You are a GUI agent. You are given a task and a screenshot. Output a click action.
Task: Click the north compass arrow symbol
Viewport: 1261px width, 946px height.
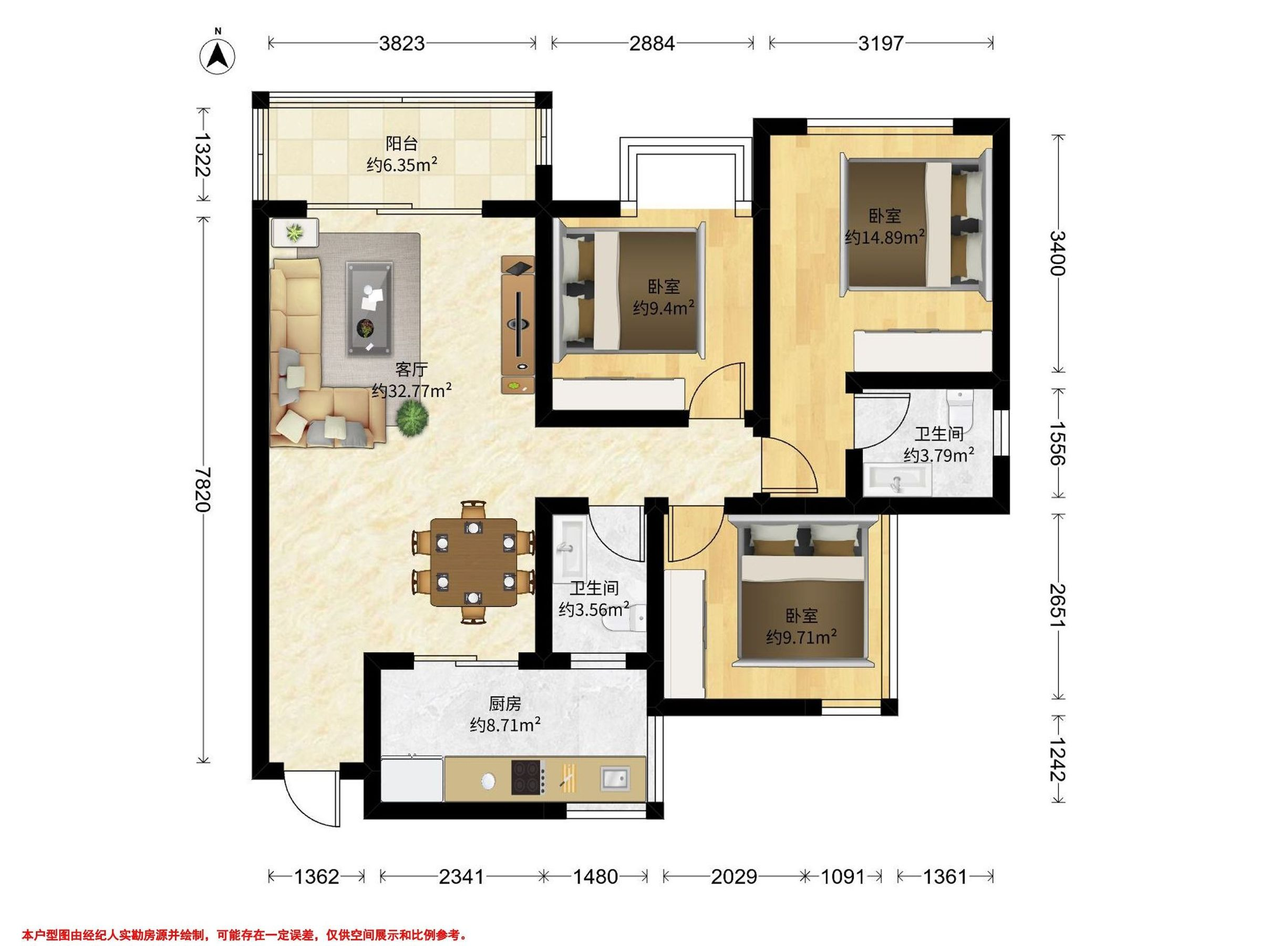coord(217,55)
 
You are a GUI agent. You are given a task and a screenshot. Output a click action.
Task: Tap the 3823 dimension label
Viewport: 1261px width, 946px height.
coord(402,43)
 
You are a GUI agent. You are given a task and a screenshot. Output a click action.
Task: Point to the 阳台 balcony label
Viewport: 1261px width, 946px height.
coord(402,143)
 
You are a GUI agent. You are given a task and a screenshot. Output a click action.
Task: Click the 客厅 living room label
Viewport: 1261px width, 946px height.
coord(411,369)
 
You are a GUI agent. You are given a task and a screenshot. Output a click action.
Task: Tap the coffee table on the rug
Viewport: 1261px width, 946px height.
coord(369,309)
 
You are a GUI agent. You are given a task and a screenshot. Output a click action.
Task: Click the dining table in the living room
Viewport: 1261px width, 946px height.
coord(474,562)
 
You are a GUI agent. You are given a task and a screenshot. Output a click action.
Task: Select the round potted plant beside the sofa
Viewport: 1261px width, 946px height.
coord(412,418)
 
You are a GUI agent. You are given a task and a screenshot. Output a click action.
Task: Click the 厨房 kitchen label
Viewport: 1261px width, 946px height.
coord(505,705)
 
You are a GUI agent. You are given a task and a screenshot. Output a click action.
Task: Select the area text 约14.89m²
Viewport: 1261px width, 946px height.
coord(885,237)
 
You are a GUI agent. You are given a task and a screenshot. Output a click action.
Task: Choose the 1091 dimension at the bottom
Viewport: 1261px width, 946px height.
coord(843,876)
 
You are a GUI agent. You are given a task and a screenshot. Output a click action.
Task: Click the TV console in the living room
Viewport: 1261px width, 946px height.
coord(518,324)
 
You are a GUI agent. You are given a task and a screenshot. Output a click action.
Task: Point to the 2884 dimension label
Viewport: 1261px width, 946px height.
coord(652,43)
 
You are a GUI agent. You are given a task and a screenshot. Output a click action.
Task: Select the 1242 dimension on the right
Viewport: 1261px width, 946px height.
coord(1058,759)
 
